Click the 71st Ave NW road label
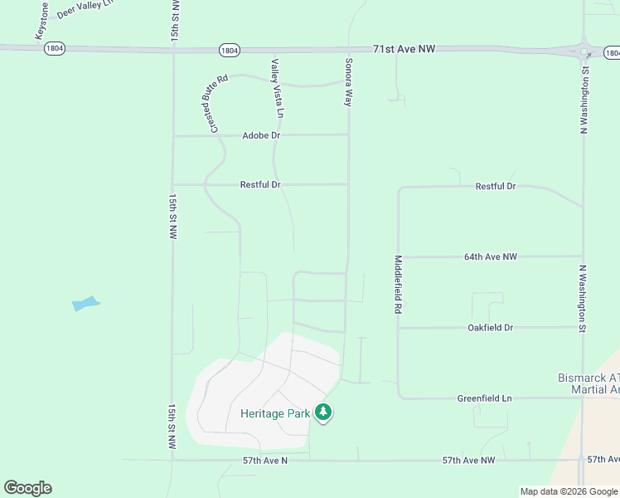pyautogui.click(x=404, y=50)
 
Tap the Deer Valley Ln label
pyautogui.click(x=84, y=15)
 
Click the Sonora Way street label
pyautogui.click(x=349, y=81)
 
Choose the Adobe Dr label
pyautogui.click(x=261, y=135)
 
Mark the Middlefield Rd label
pyautogui.click(x=399, y=284)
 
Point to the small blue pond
pyautogui.click(x=85, y=303)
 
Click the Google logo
pyautogui.click(x=27, y=488)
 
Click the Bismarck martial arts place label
pyautogui.click(x=589, y=383)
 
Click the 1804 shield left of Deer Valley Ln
pyautogui.click(x=55, y=48)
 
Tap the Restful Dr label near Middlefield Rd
pyautogui.click(x=496, y=187)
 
